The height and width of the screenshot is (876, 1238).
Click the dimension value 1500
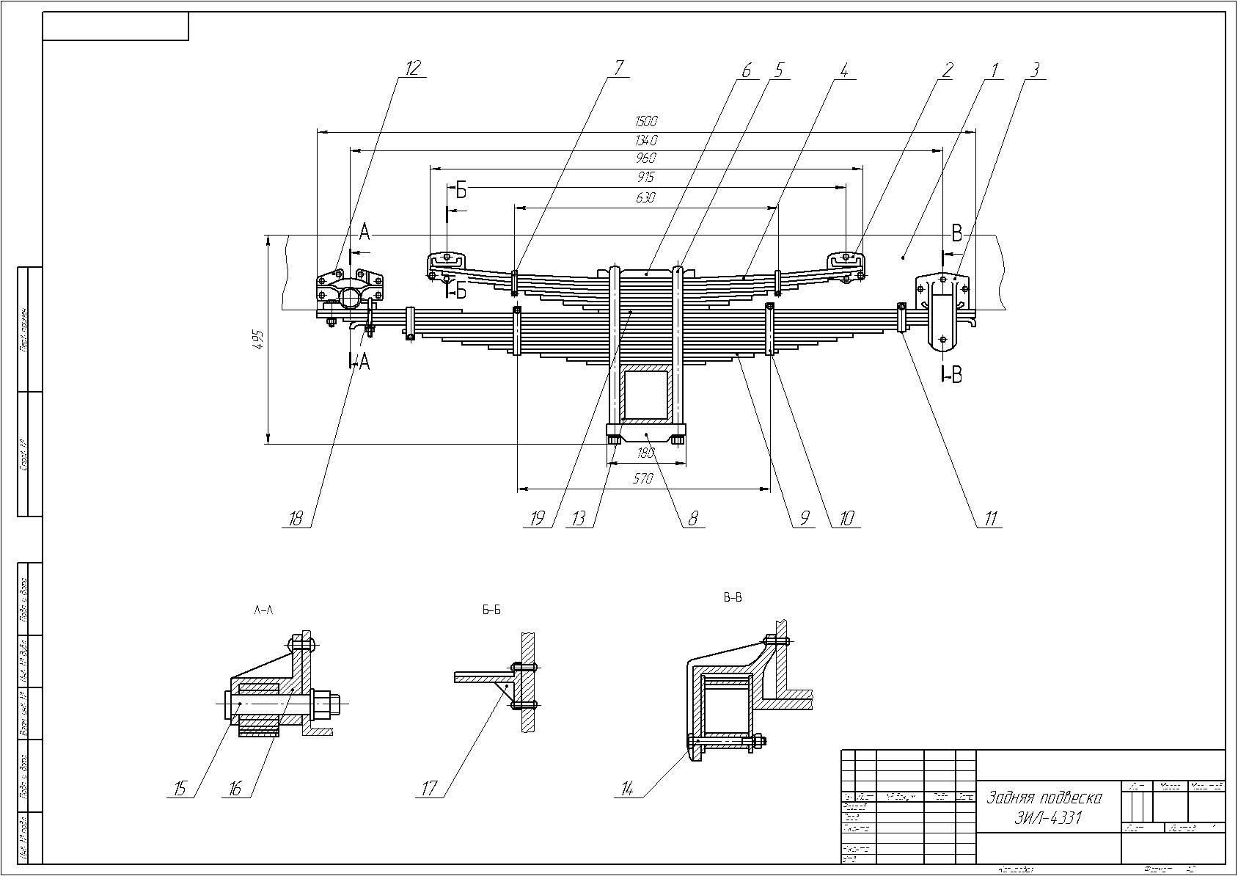[x=647, y=121]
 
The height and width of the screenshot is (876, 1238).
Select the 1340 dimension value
[x=647, y=139]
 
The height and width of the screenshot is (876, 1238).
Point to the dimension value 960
[x=646, y=158]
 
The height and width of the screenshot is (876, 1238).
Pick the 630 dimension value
[x=645, y=197]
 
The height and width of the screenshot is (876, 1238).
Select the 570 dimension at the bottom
[x=642, y=479]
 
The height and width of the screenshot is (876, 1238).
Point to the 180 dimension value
[x=646, y=453]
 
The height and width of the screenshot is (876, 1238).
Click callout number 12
[x=413, y=68]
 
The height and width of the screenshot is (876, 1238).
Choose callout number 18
[x=296, y=519]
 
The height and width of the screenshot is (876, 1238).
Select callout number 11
[x=990, y=519]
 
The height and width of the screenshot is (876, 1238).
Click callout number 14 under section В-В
[x=627, y=789]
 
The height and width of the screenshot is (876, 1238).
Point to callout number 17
[x=429, y=789]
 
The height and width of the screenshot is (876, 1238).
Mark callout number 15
[x=179, y=789]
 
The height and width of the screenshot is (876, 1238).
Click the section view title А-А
[x=263, y=610]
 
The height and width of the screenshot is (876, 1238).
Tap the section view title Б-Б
[x=491, y=610]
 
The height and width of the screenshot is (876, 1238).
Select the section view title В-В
[x=733, y=598]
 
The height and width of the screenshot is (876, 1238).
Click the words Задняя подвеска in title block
[x=1044, y=797]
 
